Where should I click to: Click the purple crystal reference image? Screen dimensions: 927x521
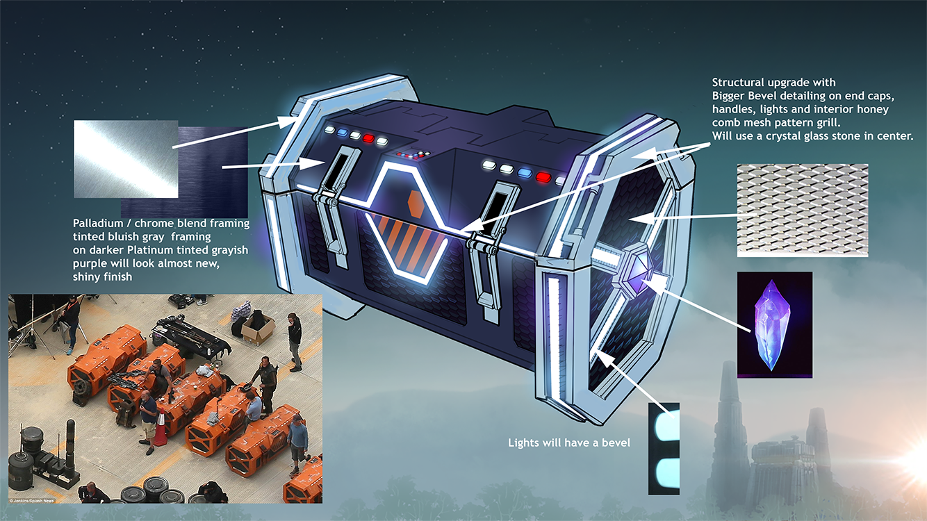tap(774, 325)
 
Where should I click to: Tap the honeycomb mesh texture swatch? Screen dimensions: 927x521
tap(803, 210)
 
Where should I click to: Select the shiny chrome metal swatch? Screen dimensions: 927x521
tap(126, 159)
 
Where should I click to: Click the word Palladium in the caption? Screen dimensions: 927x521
tap(98, 224)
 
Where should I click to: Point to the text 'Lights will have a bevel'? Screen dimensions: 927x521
tap(569, 443)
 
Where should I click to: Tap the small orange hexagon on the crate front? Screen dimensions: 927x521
tap(416, 204)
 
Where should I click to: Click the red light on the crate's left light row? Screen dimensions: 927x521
tap(368, 138)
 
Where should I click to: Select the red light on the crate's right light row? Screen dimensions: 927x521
tap(543, 177)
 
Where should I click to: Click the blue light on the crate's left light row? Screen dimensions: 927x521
tap(343, 133)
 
